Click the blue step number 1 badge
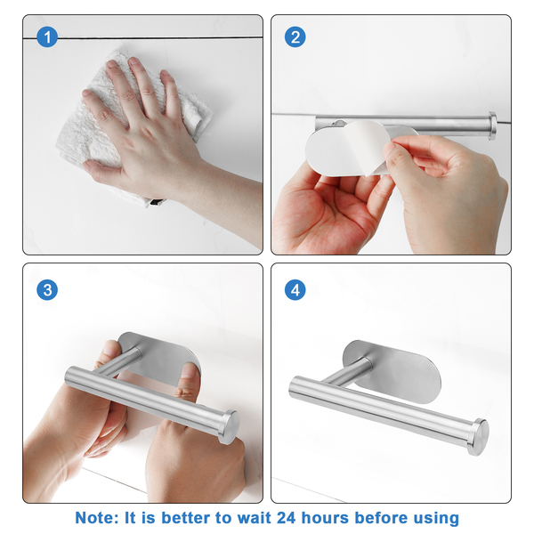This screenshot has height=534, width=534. (x=47, y=36)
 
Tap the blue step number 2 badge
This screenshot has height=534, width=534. (x=295, y=36)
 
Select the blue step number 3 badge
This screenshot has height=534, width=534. (x=47, y=290)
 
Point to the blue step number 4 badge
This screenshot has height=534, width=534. (x=295, y=290)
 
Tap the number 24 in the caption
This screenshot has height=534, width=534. (x=287, y=518)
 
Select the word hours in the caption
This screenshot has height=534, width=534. (x=325, y=518)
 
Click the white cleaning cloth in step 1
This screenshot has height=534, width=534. (x=133, y=126)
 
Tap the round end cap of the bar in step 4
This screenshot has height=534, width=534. (x=478, y=437)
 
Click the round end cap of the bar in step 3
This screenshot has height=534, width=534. (x=229, y=427)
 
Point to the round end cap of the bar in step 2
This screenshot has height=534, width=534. (x=492, y=125)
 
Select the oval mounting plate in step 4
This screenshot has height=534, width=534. (x=392, y=372)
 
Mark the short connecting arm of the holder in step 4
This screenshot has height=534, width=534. (x=347, y=372)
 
